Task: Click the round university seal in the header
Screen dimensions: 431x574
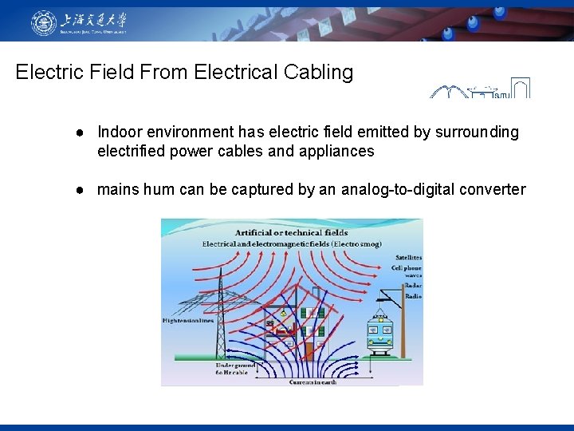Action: [44, 22]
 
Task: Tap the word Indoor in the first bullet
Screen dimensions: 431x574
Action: [120, 132]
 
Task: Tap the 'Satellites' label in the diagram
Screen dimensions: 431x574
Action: [408, 258]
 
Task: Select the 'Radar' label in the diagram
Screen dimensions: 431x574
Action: [411, 285]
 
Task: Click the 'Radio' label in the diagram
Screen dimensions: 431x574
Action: [411, 296]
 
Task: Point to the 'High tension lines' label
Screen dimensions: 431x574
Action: [188, 321]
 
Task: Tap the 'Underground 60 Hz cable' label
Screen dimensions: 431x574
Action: [232, 368]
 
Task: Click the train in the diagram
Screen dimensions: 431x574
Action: [379, 335]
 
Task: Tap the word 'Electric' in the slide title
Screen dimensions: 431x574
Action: [47, 72]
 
